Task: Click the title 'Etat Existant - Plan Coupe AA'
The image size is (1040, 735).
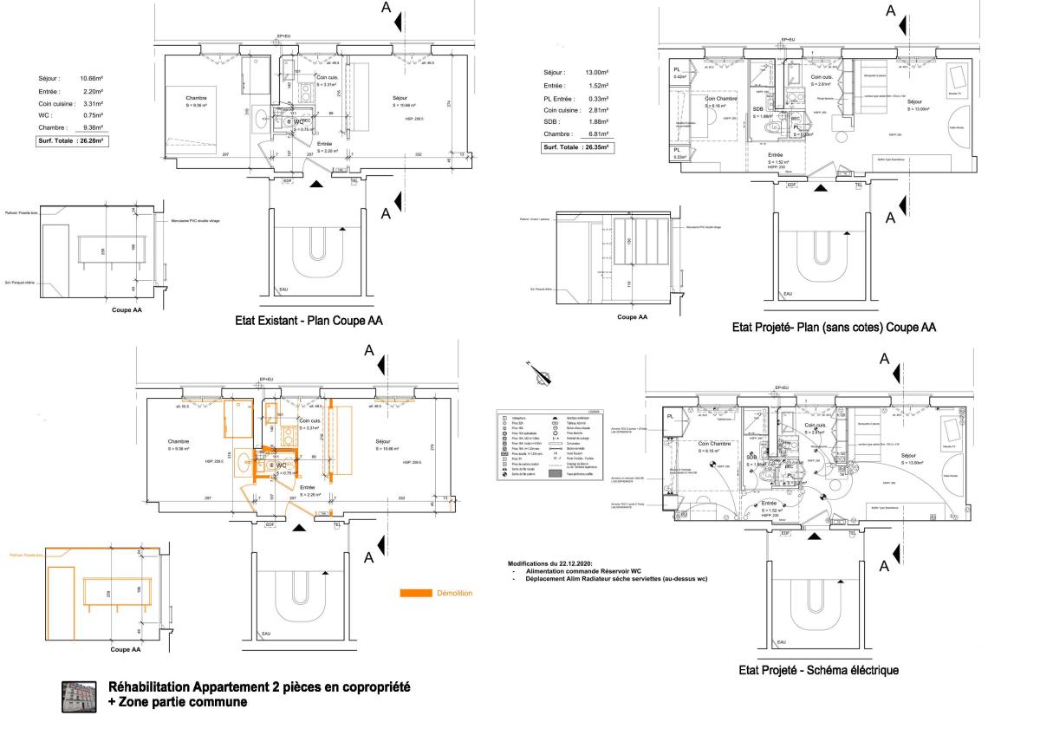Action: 309,321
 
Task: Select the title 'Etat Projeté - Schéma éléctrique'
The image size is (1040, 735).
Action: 818,670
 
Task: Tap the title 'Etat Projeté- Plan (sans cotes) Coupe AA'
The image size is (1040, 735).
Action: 834,328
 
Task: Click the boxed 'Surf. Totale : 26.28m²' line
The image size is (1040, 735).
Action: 70,140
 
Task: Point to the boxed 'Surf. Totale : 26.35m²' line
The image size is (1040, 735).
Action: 576,147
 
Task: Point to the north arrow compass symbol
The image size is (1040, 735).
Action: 543,374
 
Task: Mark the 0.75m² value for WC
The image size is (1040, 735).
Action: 92,115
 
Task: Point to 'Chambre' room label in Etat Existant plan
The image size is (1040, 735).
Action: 197,99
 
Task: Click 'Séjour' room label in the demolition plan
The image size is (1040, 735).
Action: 383,441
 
